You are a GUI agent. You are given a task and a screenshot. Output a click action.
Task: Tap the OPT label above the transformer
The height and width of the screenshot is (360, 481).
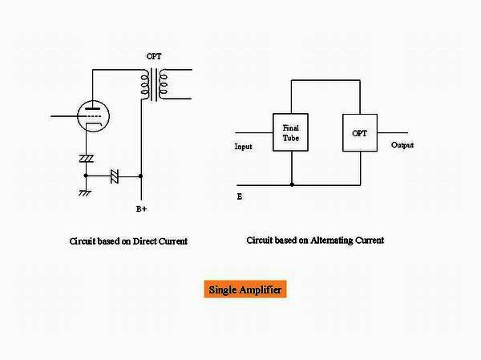pos(152,58)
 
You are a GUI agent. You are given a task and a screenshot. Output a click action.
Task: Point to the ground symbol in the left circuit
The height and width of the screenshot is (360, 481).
pos(86,192)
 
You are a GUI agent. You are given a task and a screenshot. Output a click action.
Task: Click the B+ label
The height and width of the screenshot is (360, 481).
pos(141,210)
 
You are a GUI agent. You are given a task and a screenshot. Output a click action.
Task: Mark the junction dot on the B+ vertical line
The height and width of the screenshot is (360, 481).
pos(141,174)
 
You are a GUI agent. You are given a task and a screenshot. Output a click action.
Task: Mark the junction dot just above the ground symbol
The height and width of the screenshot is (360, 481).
pos(86,174)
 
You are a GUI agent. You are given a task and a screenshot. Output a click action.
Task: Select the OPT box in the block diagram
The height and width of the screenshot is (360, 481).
pos(360,133)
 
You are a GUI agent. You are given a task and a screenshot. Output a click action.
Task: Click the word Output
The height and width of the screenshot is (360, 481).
pos(403,145)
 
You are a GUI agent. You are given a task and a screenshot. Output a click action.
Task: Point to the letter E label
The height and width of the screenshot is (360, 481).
pos(240,196)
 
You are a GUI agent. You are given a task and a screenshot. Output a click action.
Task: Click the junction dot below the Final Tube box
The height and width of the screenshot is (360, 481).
pos(291,184)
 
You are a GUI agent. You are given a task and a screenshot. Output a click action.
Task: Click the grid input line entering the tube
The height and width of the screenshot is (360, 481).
pos(64,117)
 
